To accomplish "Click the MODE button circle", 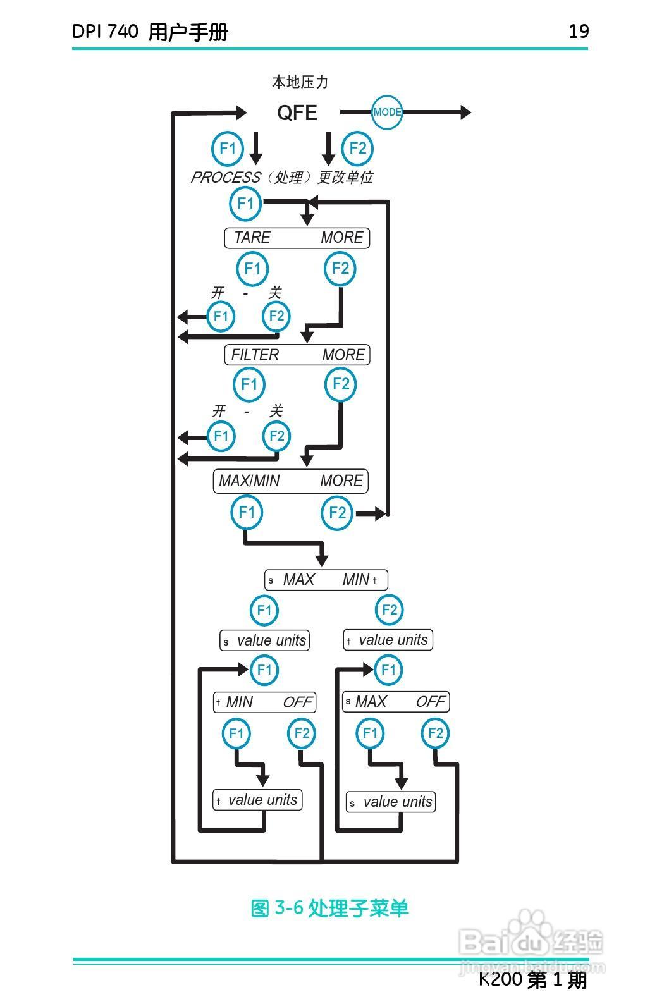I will point(386,113).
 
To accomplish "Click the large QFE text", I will point(297,113).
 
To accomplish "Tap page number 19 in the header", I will point(579,32).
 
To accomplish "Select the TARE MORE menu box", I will point(297,238).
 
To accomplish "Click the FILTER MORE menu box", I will point(297,355).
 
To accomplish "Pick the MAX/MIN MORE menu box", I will point(291,481).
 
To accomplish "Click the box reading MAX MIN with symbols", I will point(326,580).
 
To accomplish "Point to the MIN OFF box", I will point(264,702).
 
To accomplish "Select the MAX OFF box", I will point(396,702).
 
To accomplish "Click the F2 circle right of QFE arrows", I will point(357,149).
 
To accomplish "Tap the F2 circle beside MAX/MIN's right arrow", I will point(338,513).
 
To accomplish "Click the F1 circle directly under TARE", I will point(252,269).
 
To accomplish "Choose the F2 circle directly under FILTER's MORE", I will point(341,384).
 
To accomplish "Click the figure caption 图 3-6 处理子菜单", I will point(329,909).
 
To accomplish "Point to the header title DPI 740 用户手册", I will point(150,32).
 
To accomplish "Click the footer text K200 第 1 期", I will point(532,980).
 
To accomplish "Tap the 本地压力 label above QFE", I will point(300,82).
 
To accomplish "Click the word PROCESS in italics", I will point(226,178).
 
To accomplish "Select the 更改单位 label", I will point(345,178).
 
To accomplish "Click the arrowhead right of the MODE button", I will point(466,113).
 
